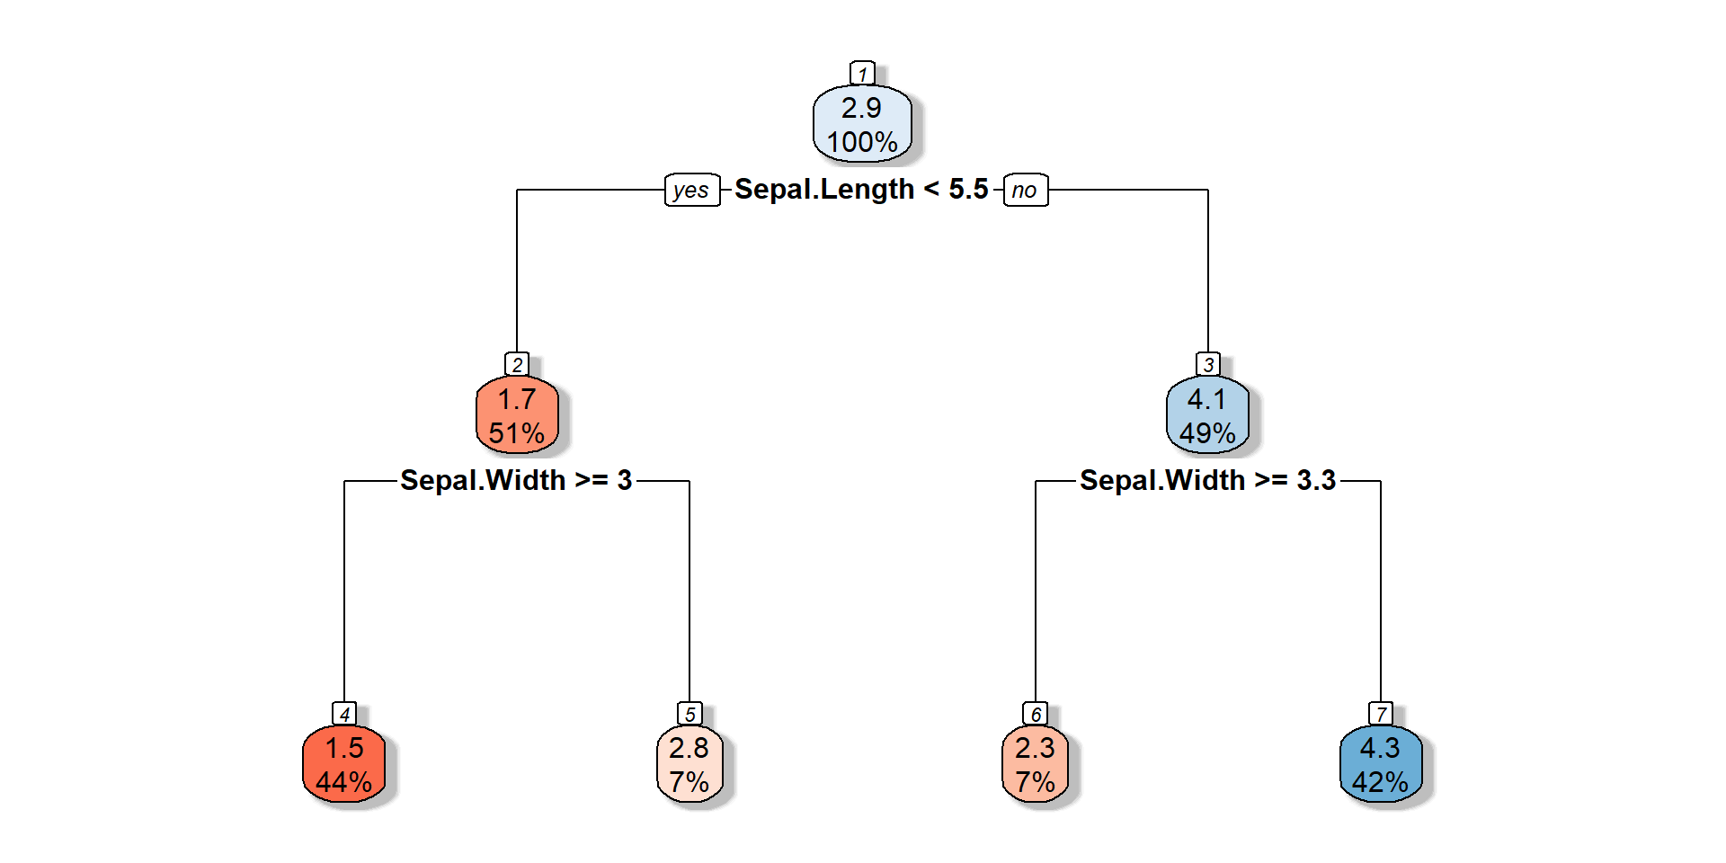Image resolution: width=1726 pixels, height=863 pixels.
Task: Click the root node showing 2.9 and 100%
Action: click(862, 124)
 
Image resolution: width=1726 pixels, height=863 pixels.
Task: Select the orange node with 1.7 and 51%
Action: click(517, 415)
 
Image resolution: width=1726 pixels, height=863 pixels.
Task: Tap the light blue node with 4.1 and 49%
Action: click(1207, 415)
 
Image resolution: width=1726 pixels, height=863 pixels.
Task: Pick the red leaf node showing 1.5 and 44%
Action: click(344, 764)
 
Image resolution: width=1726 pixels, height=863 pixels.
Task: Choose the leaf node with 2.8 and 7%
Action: click(690, 764)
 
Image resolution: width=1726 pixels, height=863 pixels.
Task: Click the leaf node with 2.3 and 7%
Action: click(1035, 764)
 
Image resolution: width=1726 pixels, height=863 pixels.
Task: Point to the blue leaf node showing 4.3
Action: click(1381, 764)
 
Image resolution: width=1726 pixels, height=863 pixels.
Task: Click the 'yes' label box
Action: click(692, 190)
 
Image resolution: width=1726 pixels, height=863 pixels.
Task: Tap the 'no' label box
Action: click(1025, 190)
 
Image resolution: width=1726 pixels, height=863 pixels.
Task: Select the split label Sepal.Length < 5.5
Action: click(861, 189)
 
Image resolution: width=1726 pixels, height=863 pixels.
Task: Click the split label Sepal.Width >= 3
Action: click(516, 480)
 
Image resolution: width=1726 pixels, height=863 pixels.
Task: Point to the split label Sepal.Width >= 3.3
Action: click(1207, 480)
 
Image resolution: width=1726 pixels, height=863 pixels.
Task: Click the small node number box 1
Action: click(862, 74)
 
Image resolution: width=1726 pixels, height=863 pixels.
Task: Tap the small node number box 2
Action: click(517, 364)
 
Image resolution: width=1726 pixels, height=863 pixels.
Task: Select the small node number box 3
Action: click(1208, 364)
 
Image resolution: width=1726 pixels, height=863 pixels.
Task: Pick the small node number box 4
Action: click(344, 714)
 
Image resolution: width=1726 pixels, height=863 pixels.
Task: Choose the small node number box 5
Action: click(690, 714)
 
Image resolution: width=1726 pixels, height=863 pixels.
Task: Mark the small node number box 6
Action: click(1035, 714)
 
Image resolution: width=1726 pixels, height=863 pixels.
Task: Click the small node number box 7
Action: click(1381, 714)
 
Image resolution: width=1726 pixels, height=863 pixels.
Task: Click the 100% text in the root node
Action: click(862, 142)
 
